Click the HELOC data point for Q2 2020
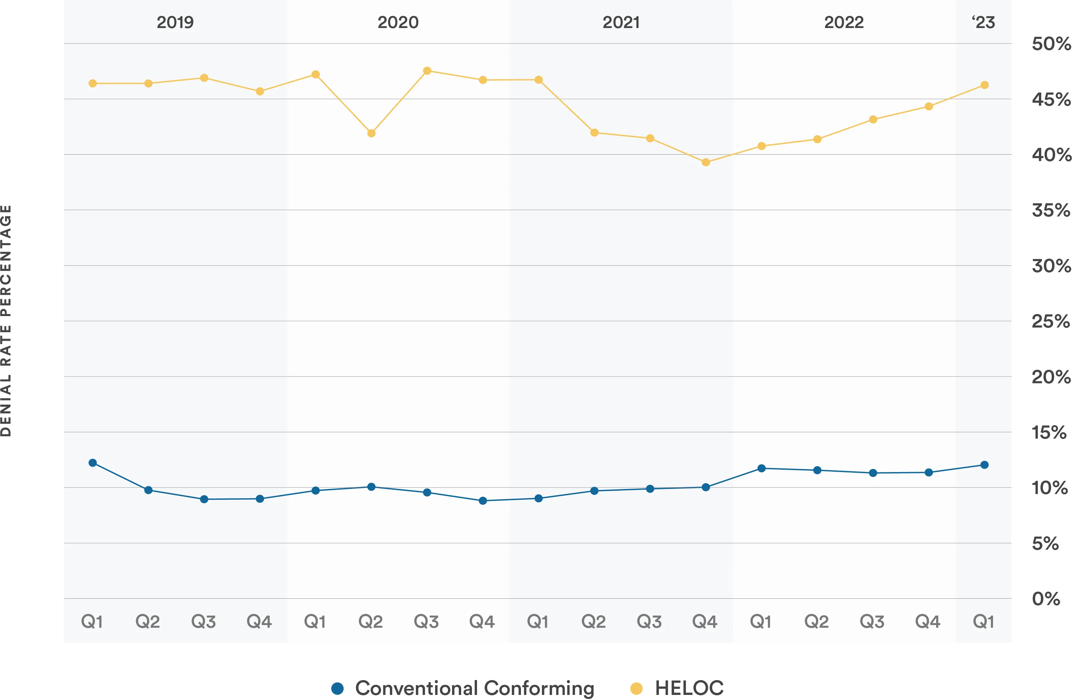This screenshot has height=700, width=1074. pos(371,133)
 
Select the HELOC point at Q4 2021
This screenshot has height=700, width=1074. pos(706,162)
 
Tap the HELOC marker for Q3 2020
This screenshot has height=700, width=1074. pos(427,71)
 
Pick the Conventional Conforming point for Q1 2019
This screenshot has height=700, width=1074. pos(93,463)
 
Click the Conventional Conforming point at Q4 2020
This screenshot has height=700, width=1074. pos(483,501)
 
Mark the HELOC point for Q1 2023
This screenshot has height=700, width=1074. pos(985,85)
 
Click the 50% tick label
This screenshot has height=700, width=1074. pos(1051,44)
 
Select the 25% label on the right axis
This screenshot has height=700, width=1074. pos(1051,321)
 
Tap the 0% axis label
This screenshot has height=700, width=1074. pos(1046,599)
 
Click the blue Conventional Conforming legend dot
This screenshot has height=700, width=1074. pos(338,688)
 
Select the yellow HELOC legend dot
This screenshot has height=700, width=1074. pos(636,688)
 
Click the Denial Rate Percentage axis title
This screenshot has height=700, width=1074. pos(6,321)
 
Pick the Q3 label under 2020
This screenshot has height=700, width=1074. pos(426,622)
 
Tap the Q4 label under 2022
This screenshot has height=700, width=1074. pos(928,622)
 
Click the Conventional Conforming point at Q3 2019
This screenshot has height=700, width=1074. pos(204,499)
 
